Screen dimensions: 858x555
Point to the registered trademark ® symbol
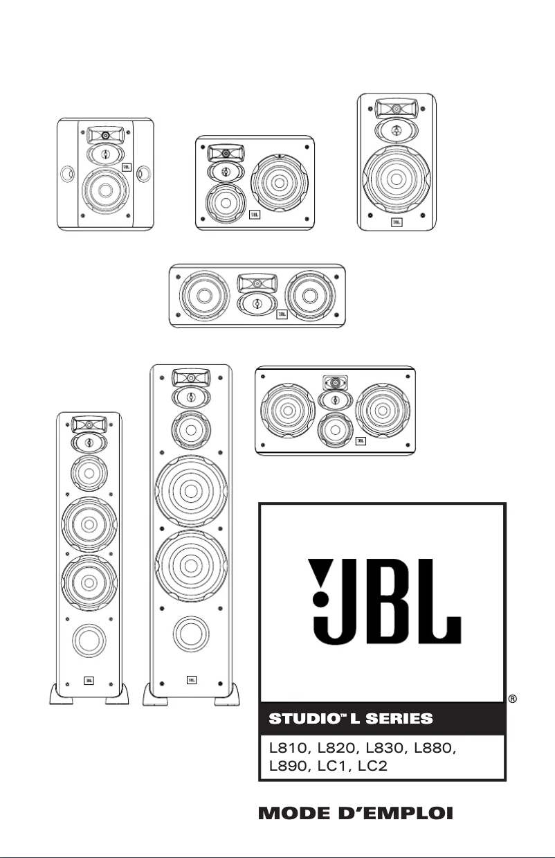[513, 698]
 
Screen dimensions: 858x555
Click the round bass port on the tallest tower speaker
[190, 633]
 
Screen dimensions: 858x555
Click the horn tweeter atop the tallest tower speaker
[190, 378]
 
